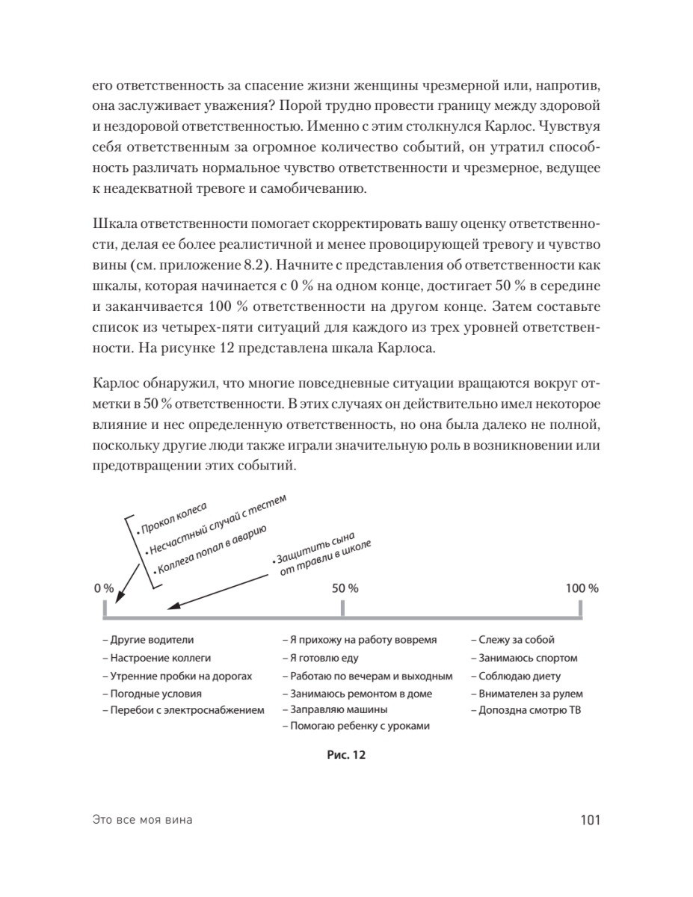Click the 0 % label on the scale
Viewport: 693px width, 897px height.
(x=104, y=588)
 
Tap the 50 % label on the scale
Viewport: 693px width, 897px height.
(x=345, y=588)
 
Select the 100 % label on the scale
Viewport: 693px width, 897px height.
(x=582, y=588)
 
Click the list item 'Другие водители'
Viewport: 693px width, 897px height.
(x=148, y=640)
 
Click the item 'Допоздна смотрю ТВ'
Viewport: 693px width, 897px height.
(x=526, y=709)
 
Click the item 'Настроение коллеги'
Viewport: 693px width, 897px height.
(x=156, y=658)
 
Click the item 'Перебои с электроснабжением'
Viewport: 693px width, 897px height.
(x=182, y=709)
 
